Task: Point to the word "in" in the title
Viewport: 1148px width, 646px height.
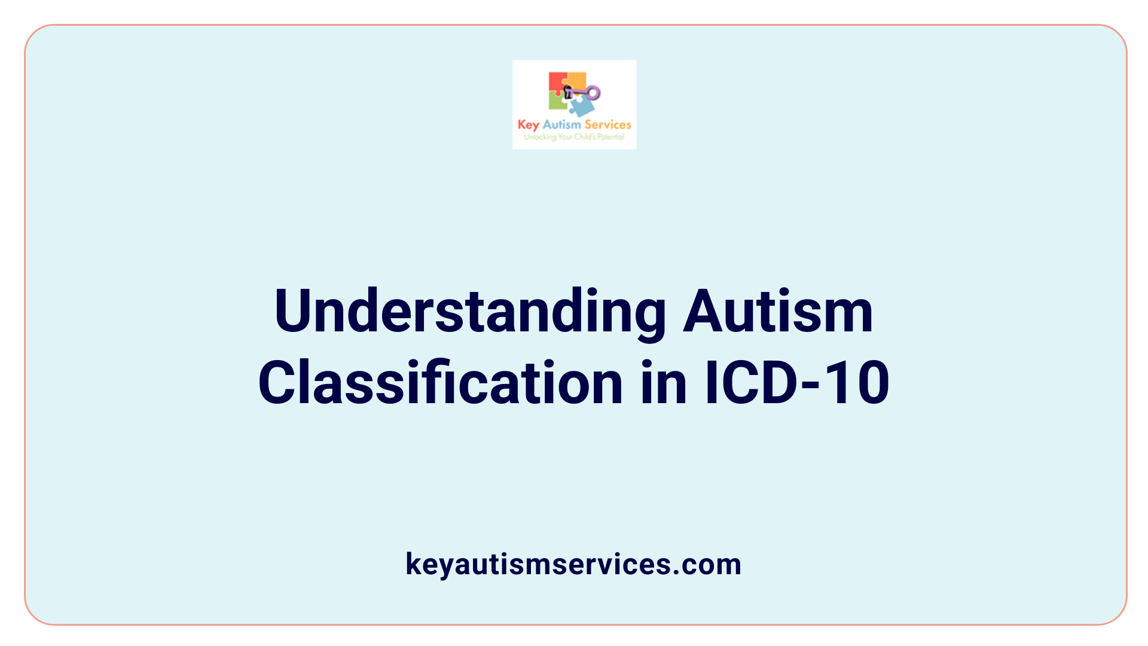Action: [664, 383]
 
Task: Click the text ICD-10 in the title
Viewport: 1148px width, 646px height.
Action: [797, 383]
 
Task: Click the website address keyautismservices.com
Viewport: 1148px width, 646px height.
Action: [573, 564]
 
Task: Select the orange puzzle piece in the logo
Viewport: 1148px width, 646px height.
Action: [576, 80]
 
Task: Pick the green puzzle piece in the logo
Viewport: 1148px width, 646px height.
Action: [557, 102]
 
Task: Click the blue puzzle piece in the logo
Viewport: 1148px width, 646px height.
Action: [581, 106]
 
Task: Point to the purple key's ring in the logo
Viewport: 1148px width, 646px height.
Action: [593, 93]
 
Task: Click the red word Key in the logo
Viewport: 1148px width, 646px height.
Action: [528, 125]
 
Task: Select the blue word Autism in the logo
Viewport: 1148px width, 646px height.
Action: [561, 125]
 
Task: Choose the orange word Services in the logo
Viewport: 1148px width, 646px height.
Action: [607, 125]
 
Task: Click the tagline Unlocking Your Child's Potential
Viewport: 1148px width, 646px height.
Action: [574, 137]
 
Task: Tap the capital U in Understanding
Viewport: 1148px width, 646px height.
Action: [292, 311]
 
